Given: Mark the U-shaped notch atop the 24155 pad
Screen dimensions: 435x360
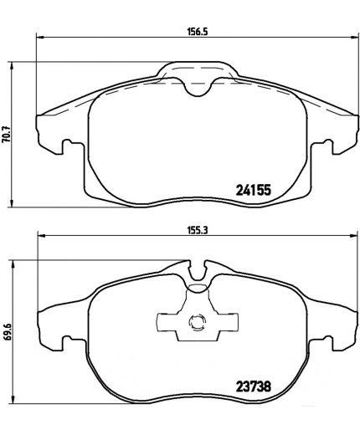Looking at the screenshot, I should [198, 86].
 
